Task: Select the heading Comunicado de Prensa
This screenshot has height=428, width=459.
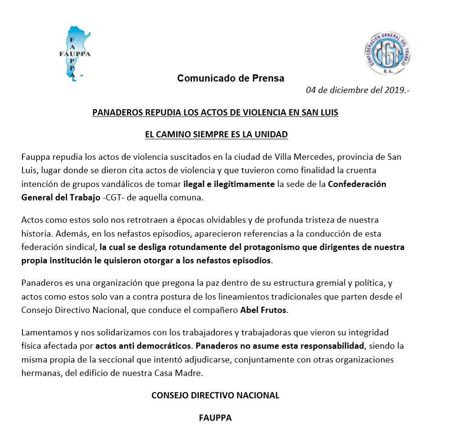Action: (x=231, y=78)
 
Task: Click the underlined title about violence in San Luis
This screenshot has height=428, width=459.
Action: (x=215, y=114)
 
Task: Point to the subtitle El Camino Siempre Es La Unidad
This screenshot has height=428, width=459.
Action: (x=216, y=135)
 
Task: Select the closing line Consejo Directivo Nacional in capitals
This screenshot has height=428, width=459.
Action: (x=215, y=396)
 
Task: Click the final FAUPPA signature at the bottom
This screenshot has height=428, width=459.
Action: (x=215, y=418)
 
